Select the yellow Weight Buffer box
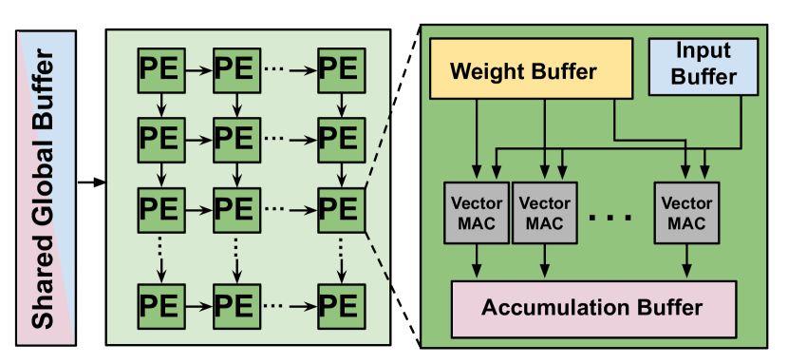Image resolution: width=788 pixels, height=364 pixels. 523,71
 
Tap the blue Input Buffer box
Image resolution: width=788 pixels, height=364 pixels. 704,65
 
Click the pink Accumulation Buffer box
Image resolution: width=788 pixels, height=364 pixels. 591,308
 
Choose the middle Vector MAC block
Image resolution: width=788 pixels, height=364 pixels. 544,214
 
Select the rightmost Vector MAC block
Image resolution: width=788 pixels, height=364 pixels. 686,214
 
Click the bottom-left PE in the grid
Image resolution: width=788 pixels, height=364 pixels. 159,304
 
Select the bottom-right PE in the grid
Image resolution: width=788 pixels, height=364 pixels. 339,304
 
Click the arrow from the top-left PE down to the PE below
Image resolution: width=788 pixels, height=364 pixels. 159,102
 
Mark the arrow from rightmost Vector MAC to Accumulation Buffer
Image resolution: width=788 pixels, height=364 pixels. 686,260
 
